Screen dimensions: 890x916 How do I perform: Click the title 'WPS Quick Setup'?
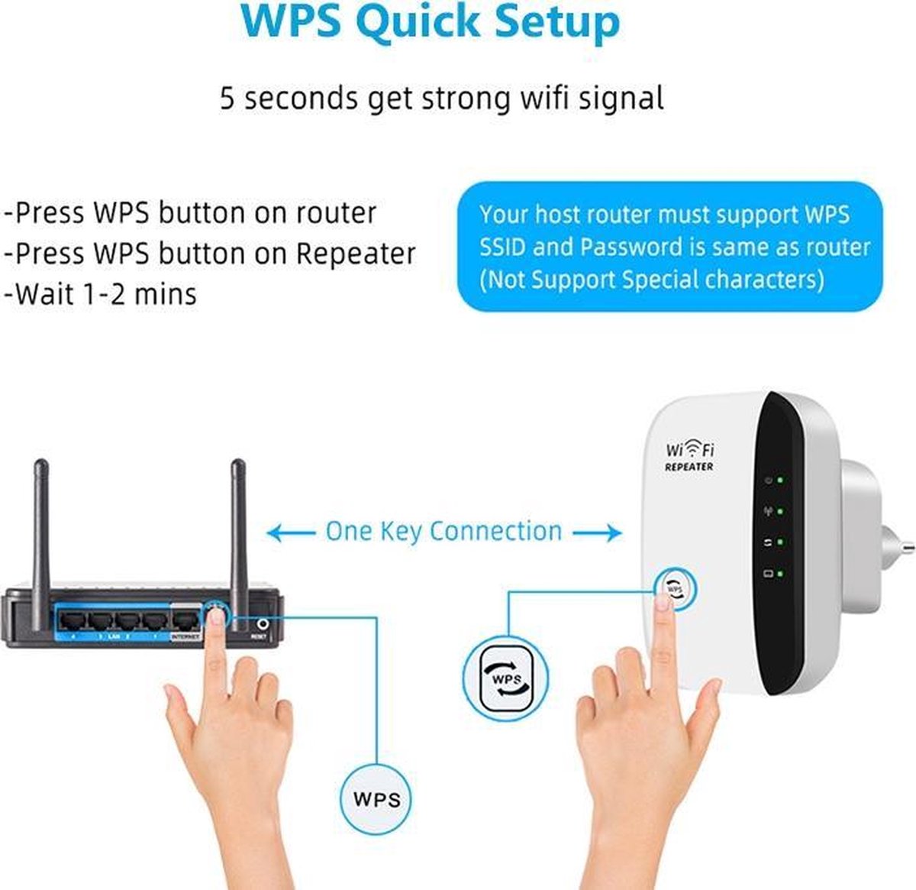tap(431, 23)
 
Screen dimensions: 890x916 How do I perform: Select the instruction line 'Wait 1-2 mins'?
tap(101, 294)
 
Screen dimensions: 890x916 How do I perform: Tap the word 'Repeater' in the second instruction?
tap(356, 254)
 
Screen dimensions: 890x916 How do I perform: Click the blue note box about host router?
tap(669, 247)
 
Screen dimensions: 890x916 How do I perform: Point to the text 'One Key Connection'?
tap(443, 532)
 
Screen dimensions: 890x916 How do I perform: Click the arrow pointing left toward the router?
tap(290, 532)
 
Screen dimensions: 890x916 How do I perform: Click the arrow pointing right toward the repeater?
tap(598, 532)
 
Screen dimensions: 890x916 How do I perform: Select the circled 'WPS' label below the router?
tap(377, 799)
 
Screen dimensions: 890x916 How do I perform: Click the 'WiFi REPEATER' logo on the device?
tap(689, 456)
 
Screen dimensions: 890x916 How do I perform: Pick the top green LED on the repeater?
tap(780, 481)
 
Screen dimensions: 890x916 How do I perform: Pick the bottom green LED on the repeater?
tap(780, 572)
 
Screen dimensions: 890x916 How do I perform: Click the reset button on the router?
tap(264, 624)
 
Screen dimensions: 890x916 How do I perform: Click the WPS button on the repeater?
tap(675, 588)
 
